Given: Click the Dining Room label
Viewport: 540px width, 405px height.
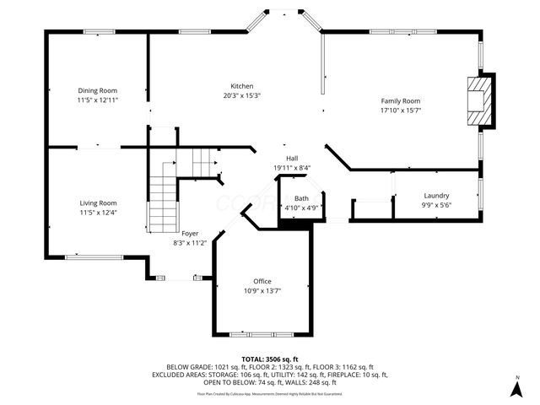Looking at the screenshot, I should click(97, 90).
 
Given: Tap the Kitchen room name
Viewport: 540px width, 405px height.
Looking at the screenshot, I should click(242, 86).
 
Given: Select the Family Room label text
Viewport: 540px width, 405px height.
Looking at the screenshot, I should click(400, 100).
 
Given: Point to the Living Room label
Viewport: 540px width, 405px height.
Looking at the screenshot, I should click(98, 202).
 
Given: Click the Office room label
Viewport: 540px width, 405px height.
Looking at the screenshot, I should click(262, 281).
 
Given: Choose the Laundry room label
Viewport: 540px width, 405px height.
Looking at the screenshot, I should click(436, 195).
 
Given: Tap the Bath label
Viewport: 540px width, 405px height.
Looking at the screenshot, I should click(301, 198).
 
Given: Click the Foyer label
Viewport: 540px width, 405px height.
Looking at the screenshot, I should click(191, 233).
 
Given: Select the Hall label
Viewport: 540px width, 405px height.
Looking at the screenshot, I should click(292, 158).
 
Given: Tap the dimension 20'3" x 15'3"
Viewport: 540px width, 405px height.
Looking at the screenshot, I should click(242, 95).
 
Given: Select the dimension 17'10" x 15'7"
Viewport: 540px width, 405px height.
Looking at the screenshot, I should click(400, 110).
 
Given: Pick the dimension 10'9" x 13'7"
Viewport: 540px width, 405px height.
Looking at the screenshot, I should click(262, 290).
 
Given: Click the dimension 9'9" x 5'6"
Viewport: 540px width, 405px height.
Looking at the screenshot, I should click(436, 204).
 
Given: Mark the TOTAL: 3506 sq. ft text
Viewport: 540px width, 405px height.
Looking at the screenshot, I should click(269, 359).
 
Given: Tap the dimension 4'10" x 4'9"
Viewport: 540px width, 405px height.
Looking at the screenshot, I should click(301, 207).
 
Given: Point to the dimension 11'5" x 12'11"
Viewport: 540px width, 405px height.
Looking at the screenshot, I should click(97, 100).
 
